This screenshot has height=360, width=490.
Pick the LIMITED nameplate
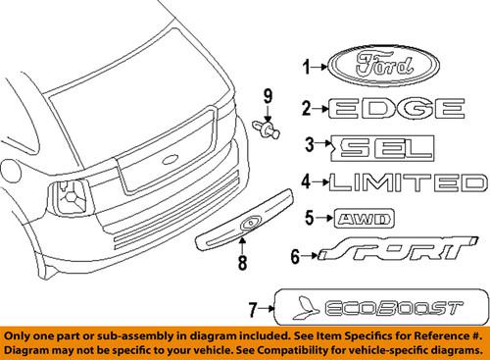point(407,182)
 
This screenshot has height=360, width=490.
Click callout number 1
point(306,68)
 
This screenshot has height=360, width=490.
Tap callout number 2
point(306,108)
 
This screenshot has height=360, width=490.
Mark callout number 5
point(307,217)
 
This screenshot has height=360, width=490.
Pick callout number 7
point(252,310)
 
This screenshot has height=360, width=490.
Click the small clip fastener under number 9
point(268,128)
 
